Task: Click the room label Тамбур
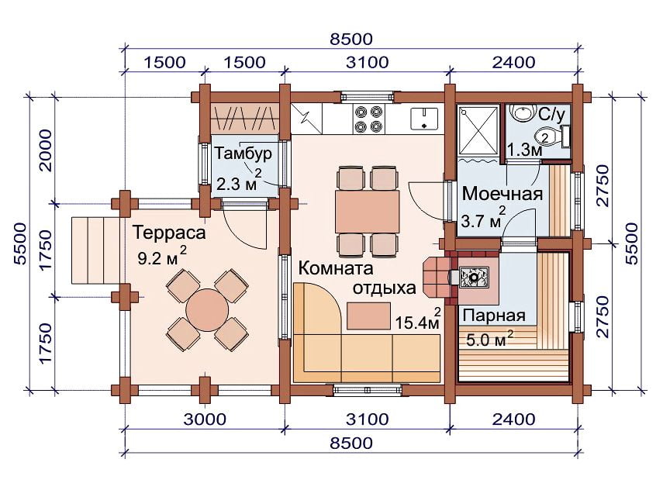pyautogui.click(x=243, y=154)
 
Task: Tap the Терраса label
pyautogui.click(x=169, y=233)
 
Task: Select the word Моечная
pyautogui.click(x=502, y=194)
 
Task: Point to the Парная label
pyautogui.click(x=494, y=316)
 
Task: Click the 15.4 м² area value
pyautogui.click(x=418, y=319)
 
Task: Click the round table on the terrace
pyautogui.click(x=207, y=310)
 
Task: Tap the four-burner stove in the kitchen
pyautogui.click(x=368, y=119)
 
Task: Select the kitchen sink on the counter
pyautogui.click(x=423, y=119)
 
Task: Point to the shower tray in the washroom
pyautogui.click(x=478, y=130)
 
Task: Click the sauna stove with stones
pyautogui.click(x=474, y=278)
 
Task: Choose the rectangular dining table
pyautogui.click(x=368, y=212)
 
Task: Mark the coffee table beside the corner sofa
pyautogui.click(x=368, y=316)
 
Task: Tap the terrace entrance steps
pyautogui.click(x=95, y=250)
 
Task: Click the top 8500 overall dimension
pyautogui.click(x=351, y=40)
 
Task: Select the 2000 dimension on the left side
pyautogui.click(x=45, y=150)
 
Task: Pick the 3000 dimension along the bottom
pyautogui.click(x=205, y=419)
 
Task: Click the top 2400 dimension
pyautogui.click(x=514, y=62)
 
